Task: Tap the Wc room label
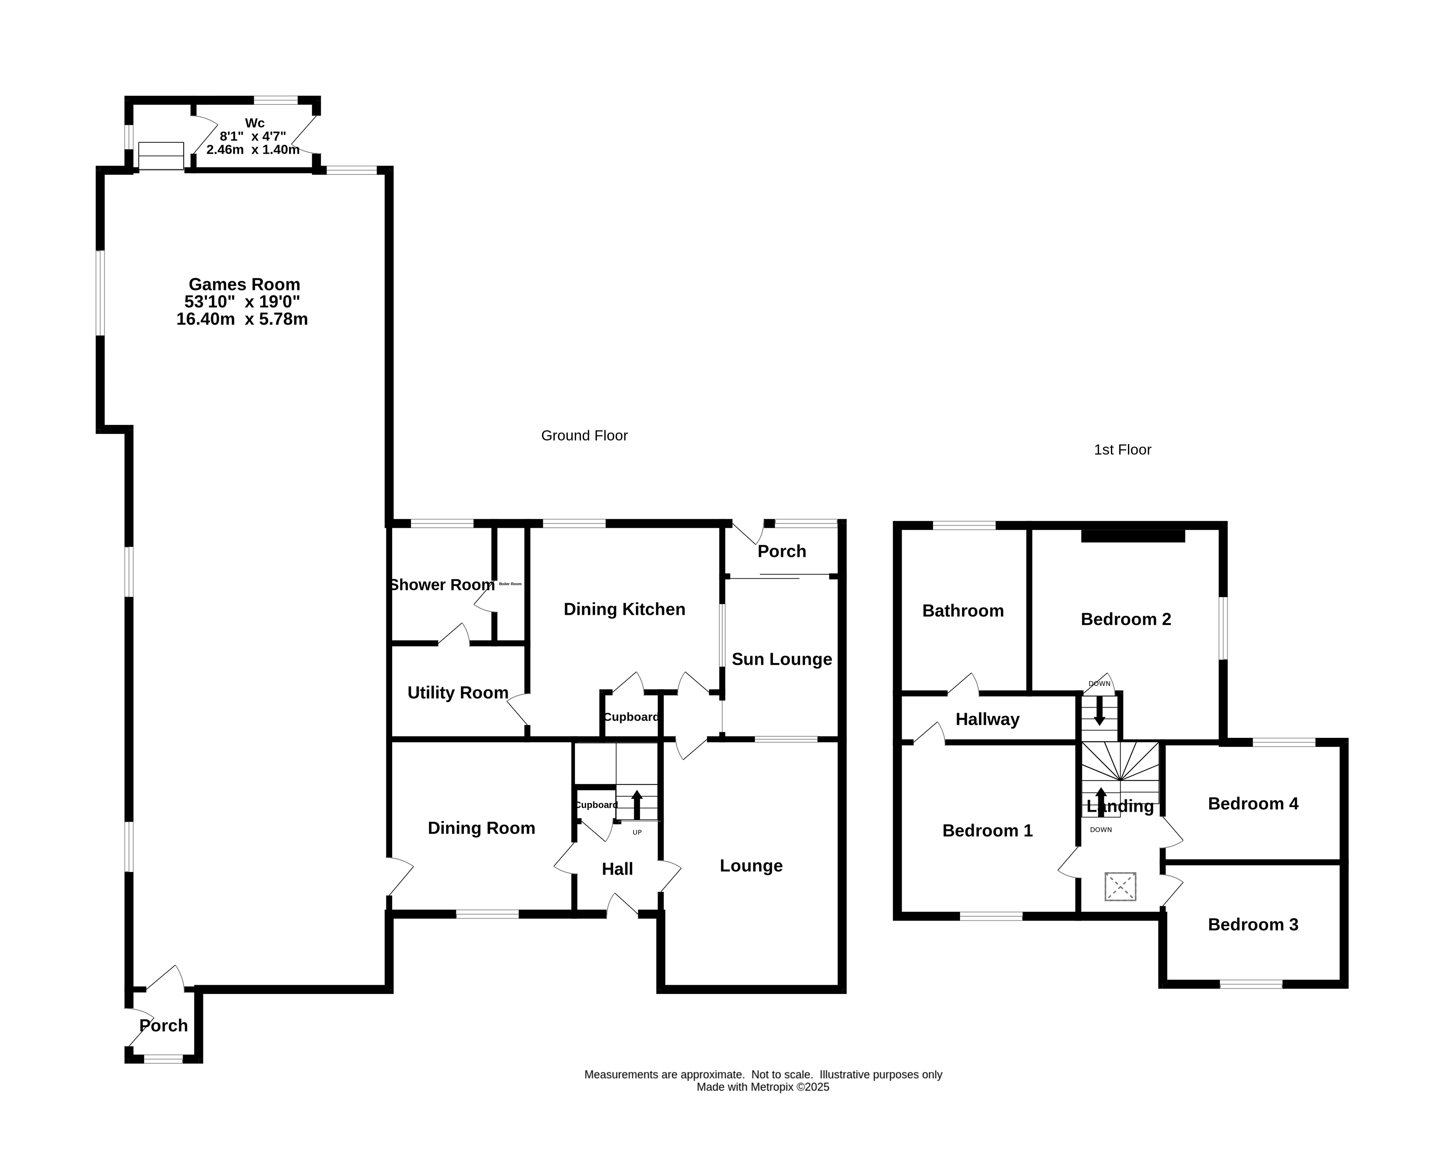pyautogui.click(x=255, y=123)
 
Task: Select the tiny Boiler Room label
pyautogui.click(x=511, y=584)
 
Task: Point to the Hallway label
pyautogui.click(x=987, y=720)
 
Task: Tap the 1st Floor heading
pyautogui.click(x=1122, y=450)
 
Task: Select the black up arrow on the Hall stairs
pyautogui.click(x=637, y=804)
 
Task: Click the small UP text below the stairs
pyautogui.click(x=637, y=833)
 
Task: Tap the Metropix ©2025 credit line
pyautogui.click(x=763, y=1087)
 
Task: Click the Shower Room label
pyautogui.click(x=442, y=585)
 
